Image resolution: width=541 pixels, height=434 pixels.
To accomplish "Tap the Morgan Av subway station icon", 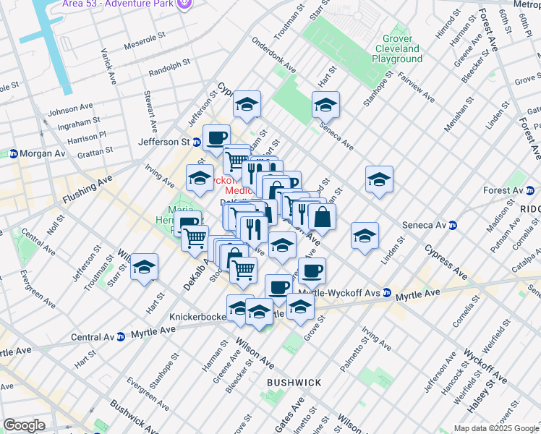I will click(x=13, y=153).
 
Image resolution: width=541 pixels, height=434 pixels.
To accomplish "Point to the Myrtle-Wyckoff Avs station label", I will click(x=340, y=292).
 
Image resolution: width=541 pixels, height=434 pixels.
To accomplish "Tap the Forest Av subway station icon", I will click(x=529, y=191).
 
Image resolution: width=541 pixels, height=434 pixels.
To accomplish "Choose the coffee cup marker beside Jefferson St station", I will click(x=216, y=137).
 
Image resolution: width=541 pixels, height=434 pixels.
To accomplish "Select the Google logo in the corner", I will click(x=23, y=425).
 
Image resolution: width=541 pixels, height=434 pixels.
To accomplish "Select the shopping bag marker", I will click(x=322, y=216).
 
